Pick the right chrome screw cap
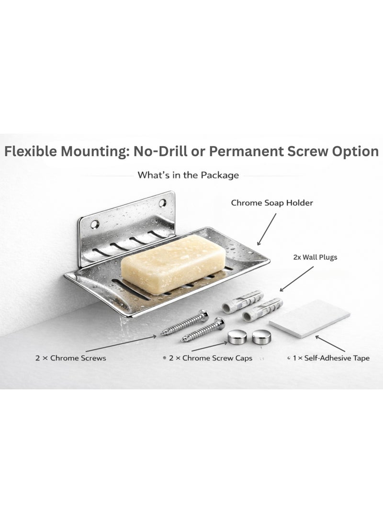pyautogui.click(x=260, y=337)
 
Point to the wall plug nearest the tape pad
pyautogui.click(x=261, y=310)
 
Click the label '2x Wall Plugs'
pyautogui.click(x=315, y=257)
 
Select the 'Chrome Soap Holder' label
pyautogui.click(x=272, y=203)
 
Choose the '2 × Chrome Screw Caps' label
pyautogui.click(x=211, y=358)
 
